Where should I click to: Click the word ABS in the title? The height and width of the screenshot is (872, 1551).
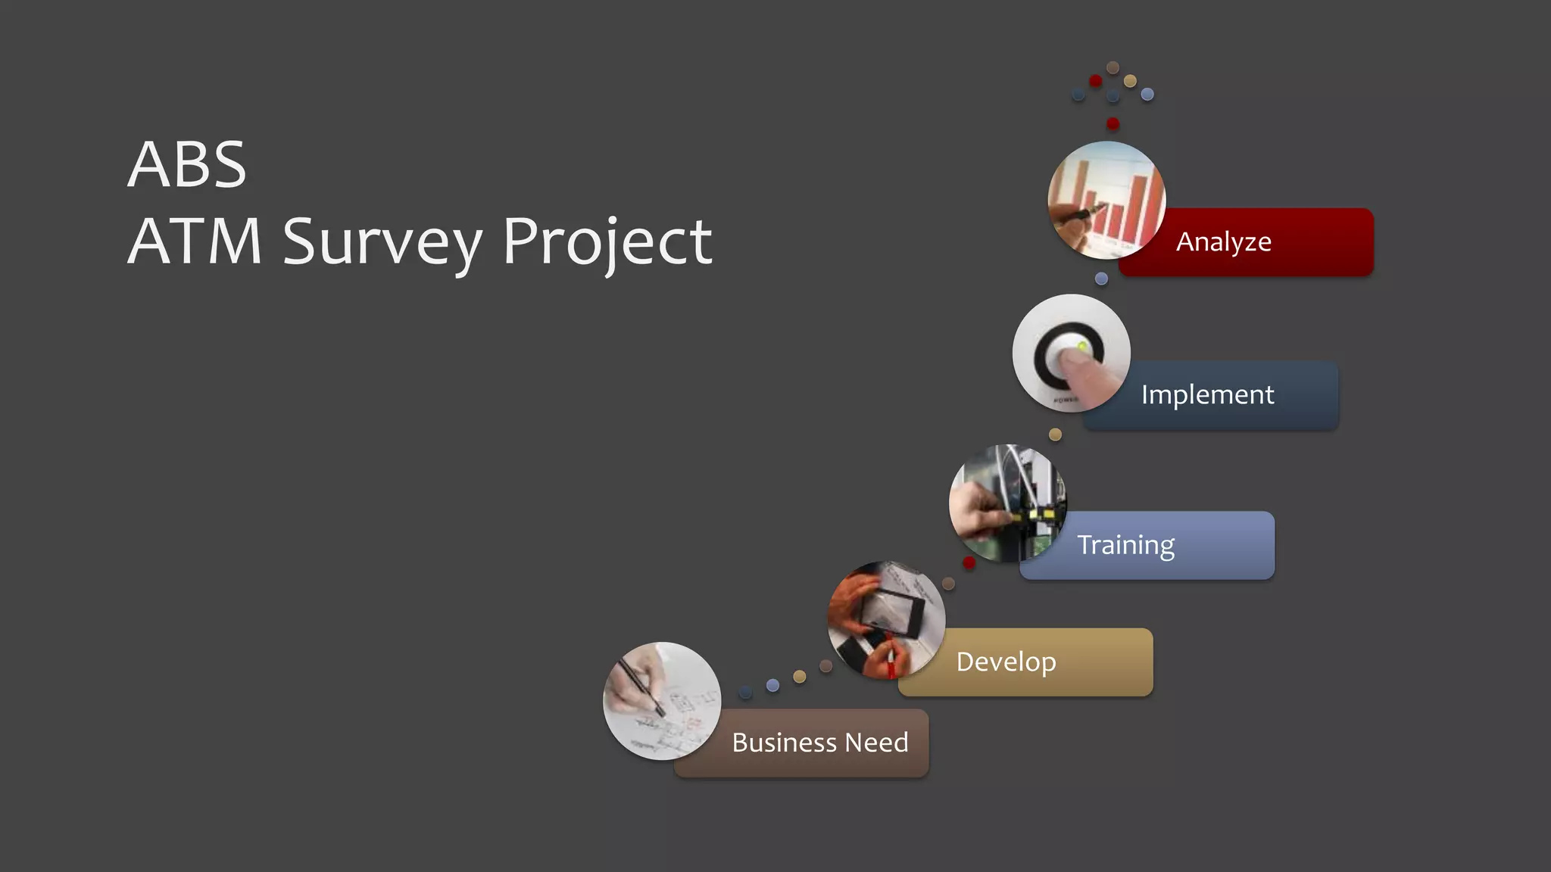coord(186,165)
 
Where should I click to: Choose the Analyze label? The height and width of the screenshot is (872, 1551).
coord(1223,242)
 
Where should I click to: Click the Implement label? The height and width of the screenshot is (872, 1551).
coord(1207,395)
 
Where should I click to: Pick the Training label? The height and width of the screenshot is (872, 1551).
coord(1125,545)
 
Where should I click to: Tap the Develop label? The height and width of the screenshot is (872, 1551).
coord(1006,662)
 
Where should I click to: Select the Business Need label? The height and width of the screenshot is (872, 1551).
coord(819,743)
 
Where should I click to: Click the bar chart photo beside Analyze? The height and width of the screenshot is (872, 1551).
coord(1106,201)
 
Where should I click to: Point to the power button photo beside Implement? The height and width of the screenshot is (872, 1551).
coord(1071,353)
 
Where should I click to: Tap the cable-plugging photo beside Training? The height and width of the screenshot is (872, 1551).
coord(1007,503)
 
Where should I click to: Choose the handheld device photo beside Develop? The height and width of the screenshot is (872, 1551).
coord(886,620)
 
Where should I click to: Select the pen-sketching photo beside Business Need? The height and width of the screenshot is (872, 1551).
coord(661,701)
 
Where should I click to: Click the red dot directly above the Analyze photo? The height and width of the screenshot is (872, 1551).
coord(1113,123)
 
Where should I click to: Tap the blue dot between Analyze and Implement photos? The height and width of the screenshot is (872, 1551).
coord(1101,279)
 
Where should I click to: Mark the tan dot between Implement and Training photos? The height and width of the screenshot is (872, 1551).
coord(1055,434)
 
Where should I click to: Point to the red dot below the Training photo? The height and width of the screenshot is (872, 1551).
coord(969,562)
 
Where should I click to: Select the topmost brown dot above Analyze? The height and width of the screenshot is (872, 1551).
coord(1113,67)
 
